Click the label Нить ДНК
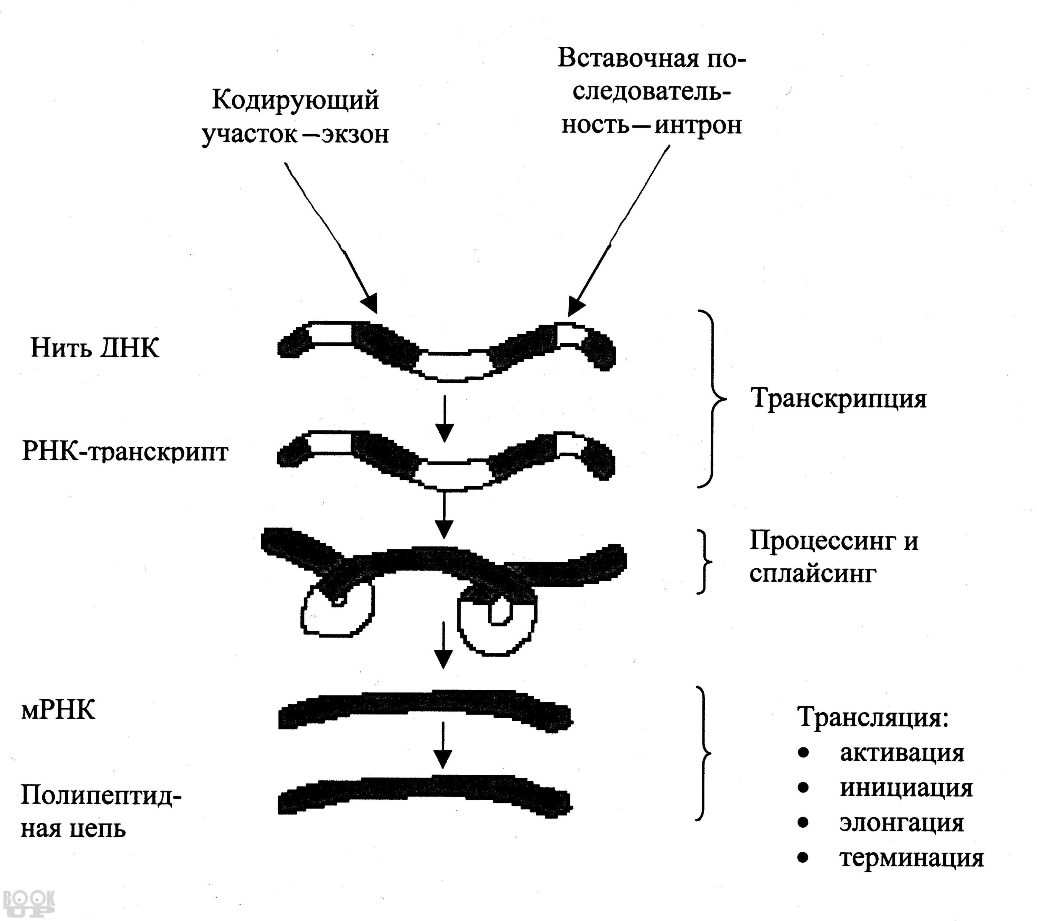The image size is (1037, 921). point(95,348)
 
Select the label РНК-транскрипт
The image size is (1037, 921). point(125,452)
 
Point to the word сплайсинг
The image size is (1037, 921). point(813,574)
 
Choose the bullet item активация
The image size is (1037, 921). point(901,753)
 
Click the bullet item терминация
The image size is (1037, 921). point(912,858)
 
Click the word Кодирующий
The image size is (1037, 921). point(295,100)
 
